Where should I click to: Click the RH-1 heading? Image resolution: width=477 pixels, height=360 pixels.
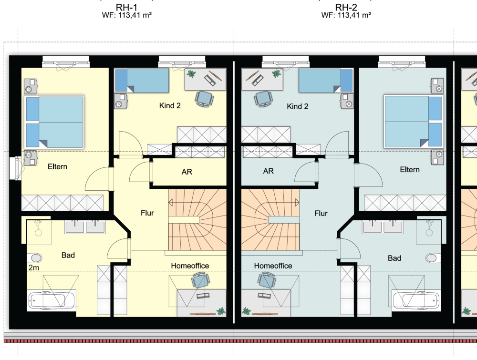coord(126,7)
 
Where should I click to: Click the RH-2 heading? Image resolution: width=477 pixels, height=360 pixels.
coord(346,7)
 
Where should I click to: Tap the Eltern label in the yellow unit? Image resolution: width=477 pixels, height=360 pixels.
coord(58,166)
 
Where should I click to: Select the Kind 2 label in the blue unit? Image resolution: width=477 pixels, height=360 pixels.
coord(298,106)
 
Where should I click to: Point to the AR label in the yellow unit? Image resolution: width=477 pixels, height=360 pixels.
coord(187,172)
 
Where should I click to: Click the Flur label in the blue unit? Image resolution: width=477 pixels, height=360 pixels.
coord(321,214)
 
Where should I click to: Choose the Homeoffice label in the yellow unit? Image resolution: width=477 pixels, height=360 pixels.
coord(190,266)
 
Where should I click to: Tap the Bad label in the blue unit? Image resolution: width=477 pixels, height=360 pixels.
coord(394,258)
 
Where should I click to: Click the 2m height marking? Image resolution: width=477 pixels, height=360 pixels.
coord(34,268)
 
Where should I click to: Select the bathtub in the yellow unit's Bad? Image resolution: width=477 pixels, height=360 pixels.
coord(51,300)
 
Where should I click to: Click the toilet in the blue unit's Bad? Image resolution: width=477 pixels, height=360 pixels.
coord(432,258)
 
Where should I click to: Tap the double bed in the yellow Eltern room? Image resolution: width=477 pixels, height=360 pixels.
coord(54,122)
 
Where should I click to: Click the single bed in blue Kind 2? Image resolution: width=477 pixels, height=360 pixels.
coord(325,81)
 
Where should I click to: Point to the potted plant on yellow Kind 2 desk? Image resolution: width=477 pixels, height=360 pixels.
coord(191,74)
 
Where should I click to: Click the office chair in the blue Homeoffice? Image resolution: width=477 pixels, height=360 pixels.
coord(264,280)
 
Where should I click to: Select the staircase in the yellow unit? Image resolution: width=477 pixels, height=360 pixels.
coord(197,220)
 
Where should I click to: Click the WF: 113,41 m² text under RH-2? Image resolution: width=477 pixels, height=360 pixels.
coord(346,15)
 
